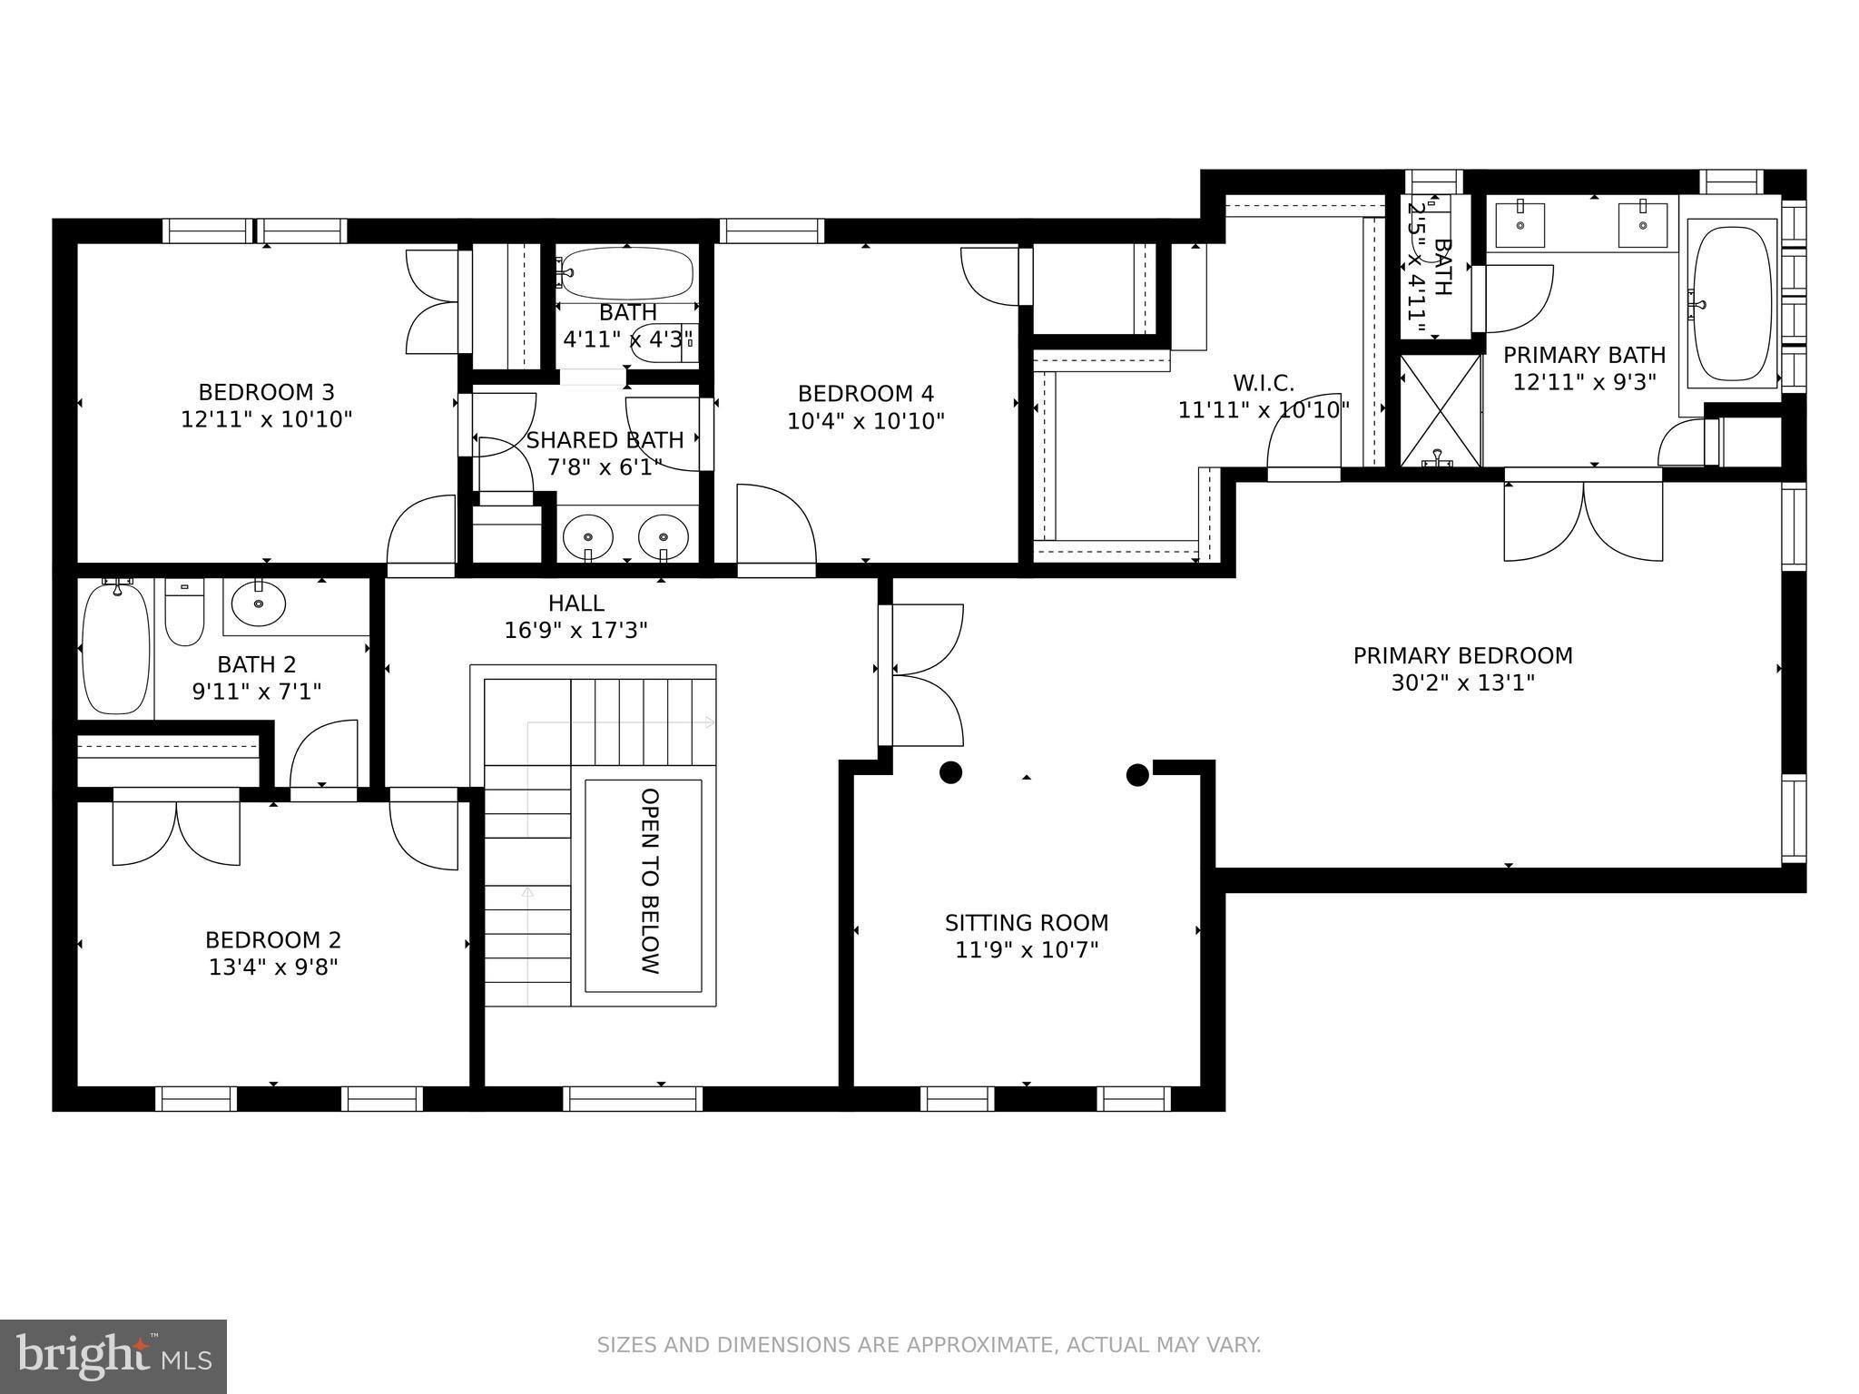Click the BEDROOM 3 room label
266,392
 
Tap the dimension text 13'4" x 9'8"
273,967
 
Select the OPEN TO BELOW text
649,881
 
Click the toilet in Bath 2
184,612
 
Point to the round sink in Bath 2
259,603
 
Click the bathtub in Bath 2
115,649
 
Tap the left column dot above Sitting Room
949,772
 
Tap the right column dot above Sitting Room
1137,774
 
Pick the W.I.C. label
1264,383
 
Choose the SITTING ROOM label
1027,923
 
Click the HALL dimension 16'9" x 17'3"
575,630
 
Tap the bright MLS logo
113,1356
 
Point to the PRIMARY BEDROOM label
1462,655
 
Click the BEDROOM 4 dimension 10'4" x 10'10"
865,421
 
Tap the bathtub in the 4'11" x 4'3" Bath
625,273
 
